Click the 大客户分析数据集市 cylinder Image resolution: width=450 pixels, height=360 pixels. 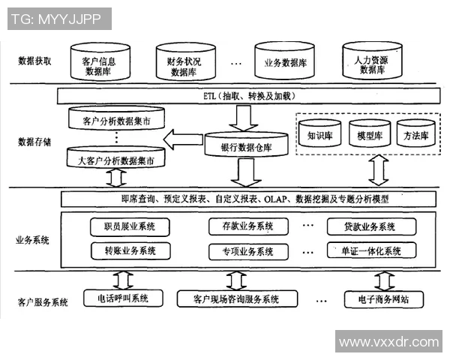coord(116,160)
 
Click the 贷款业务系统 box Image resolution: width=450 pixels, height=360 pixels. coord(370,226)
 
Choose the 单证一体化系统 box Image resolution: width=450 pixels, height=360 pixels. coord(370,250)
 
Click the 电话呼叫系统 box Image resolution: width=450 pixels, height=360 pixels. coord(122,298)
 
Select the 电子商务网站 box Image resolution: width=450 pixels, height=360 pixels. coord(384,299)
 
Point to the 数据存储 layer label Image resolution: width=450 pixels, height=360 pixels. coord(34,141)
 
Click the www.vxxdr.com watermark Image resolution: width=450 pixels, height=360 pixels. coord(388,342)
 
